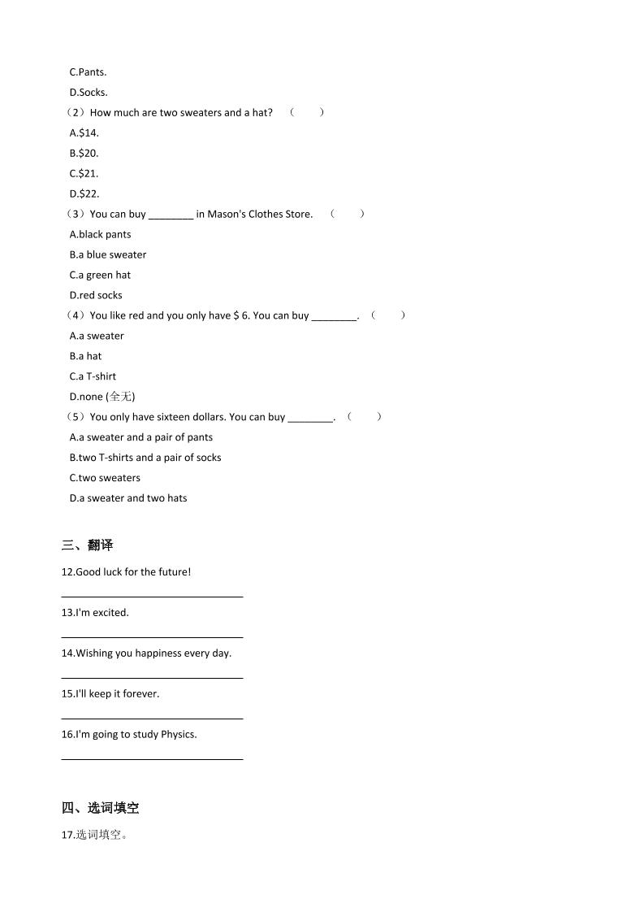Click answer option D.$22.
coord(84,193)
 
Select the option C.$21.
coord(84,173)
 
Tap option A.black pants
coord(100,234)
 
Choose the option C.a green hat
coord(100,275)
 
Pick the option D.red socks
coord(96,295)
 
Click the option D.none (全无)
coord(102,397)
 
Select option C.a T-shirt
coord(93,376)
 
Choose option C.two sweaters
coord(105,478)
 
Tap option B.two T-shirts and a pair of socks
coord(145,458)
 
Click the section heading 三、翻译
coord(87,545)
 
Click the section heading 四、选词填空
coord(100,808)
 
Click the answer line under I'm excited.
coord(152,637)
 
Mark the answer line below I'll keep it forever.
coord(152,719)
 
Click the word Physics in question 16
coord(179,735)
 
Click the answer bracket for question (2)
coord(307,112)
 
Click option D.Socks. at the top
coord(89,92)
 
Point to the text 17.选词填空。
coord(94,835)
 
